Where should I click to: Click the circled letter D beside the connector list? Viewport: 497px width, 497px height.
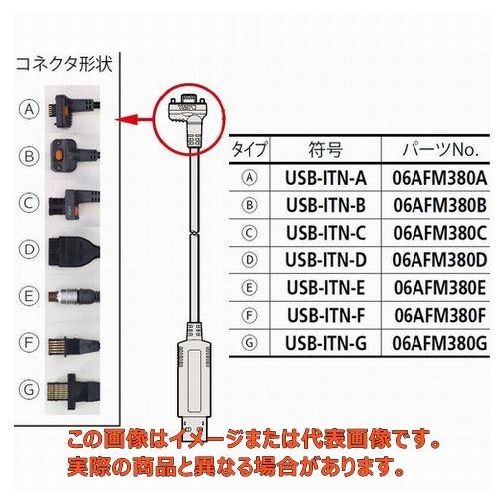(x=29, y=248)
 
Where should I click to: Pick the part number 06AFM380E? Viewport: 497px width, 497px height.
(x=440, y=288)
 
